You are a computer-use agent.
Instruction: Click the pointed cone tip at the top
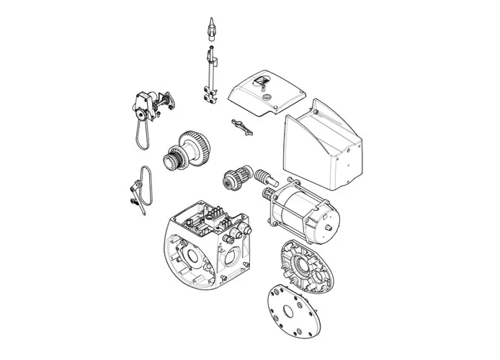(211, 27)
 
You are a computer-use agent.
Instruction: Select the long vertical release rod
(211, 68)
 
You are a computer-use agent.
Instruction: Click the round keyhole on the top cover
(266, 94)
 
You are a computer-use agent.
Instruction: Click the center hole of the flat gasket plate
(291, 311)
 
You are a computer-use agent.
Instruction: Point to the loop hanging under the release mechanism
(140, 134)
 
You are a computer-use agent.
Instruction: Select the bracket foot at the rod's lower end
(212, 93)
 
